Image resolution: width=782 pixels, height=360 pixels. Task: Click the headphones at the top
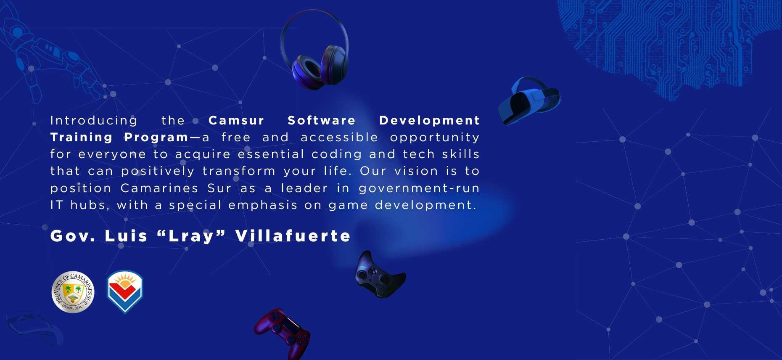pos(314,50)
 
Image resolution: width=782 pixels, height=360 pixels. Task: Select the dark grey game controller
pos(380,275)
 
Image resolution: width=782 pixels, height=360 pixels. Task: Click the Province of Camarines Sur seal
pos(73,292)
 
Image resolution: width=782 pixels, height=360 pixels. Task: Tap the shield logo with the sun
pos(125,291)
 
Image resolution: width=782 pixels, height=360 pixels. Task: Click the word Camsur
pos(236,121)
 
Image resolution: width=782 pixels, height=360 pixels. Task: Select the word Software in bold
pos(322,121)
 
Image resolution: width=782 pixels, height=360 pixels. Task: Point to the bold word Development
pos(429,121)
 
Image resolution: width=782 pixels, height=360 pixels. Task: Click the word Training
pos(82,138)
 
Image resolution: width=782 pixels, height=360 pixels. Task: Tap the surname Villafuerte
pos(293,236)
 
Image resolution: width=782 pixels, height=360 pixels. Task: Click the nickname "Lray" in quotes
pos(191,236)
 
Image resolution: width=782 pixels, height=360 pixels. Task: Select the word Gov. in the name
pos(73,236)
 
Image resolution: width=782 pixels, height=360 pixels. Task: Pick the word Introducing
pos(94,121)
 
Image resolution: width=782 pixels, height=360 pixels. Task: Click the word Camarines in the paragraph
pos(159,188)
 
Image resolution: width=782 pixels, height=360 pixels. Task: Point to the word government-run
pos(419,189)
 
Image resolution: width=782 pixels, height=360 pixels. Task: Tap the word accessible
pos(339,138)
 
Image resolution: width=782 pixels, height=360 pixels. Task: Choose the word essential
pos(271,154)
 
